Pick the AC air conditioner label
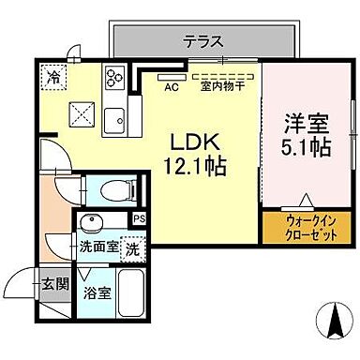[171, 88]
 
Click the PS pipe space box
[140, 219]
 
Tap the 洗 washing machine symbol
[135, 249]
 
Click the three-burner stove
[116, 77]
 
